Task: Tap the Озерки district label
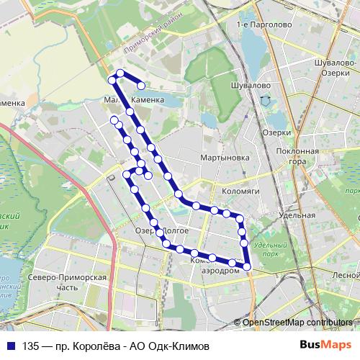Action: (276, 132)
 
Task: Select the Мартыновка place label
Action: (225, 157)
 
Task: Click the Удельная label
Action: (297, 215)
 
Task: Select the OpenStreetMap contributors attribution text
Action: (297, 323)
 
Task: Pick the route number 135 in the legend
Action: (31, 346)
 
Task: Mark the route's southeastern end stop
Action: (247, 267)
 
